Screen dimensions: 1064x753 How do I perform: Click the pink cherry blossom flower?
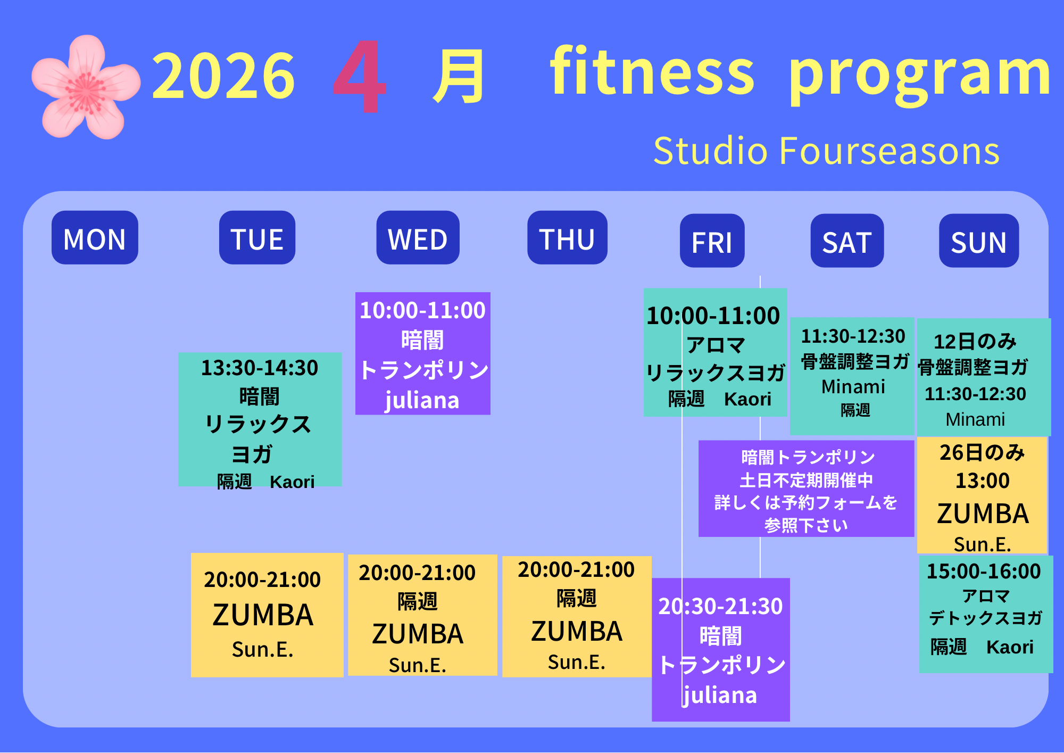pos(86,87)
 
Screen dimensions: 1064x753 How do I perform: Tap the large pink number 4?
pos(359,77)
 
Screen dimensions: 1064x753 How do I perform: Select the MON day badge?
pos(95,237)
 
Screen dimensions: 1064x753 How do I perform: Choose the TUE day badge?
pos(257,237)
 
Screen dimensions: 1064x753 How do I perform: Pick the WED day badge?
pos(418,237)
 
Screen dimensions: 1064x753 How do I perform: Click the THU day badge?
pos(567,237)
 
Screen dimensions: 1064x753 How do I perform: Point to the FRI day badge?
pos(712,241)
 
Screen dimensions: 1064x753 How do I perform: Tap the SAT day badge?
pos(847,241)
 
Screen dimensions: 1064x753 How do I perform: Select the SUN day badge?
pos(979,241)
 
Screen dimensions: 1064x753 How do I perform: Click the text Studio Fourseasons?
pos(826,151)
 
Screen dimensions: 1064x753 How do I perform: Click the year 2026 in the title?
pos(223,76)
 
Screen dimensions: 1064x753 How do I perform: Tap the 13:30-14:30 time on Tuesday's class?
pos(260,368)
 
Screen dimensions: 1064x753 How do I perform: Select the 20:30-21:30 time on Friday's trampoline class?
pos(720,607)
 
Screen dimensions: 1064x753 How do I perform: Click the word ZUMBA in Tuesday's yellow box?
pos(263,616)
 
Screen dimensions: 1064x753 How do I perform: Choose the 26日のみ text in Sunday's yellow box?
pos(982,453)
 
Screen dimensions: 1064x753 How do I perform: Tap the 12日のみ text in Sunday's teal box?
pos(975,342)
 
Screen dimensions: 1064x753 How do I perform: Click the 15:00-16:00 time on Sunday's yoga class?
pos(984,572)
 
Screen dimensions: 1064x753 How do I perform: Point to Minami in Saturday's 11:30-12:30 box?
pos(853,387)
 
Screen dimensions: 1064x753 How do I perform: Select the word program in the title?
pos(920,75)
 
